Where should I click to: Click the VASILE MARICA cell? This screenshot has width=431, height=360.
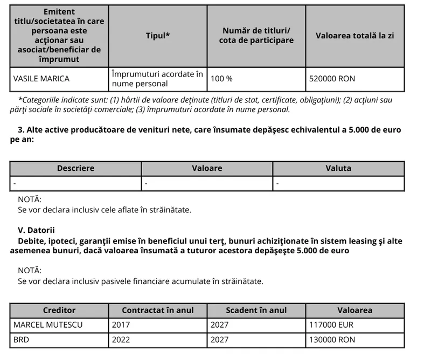tap(41, 79)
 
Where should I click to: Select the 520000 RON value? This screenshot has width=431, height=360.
tap(332, 79)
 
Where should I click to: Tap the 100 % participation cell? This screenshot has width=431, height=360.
tap(221, 79)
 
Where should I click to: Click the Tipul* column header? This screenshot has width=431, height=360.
tap(158, 36)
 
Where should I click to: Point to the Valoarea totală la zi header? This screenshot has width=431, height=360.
tap(354, 36)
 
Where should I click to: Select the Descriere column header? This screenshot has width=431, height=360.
tap(75, 168)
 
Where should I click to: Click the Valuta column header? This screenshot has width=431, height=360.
tap(338, 168)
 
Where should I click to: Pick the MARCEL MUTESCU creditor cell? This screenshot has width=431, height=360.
tap(45, 325)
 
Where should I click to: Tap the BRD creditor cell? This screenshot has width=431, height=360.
tap(21, 340)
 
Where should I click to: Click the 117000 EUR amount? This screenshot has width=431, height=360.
tap(331, 325)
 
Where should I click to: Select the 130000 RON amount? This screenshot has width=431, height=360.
tap(332, 340)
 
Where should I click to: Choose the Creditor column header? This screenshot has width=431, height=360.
tap(59, 310)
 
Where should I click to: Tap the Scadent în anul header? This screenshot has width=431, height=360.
tap(256, 310)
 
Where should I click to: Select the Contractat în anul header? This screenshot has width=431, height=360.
tap(158, 310)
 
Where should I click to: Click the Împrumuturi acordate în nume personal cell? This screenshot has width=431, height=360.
tap(157, 79)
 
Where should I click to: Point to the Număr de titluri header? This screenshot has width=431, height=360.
tap(256, 36)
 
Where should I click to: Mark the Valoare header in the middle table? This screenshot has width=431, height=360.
tap(207, 168)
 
